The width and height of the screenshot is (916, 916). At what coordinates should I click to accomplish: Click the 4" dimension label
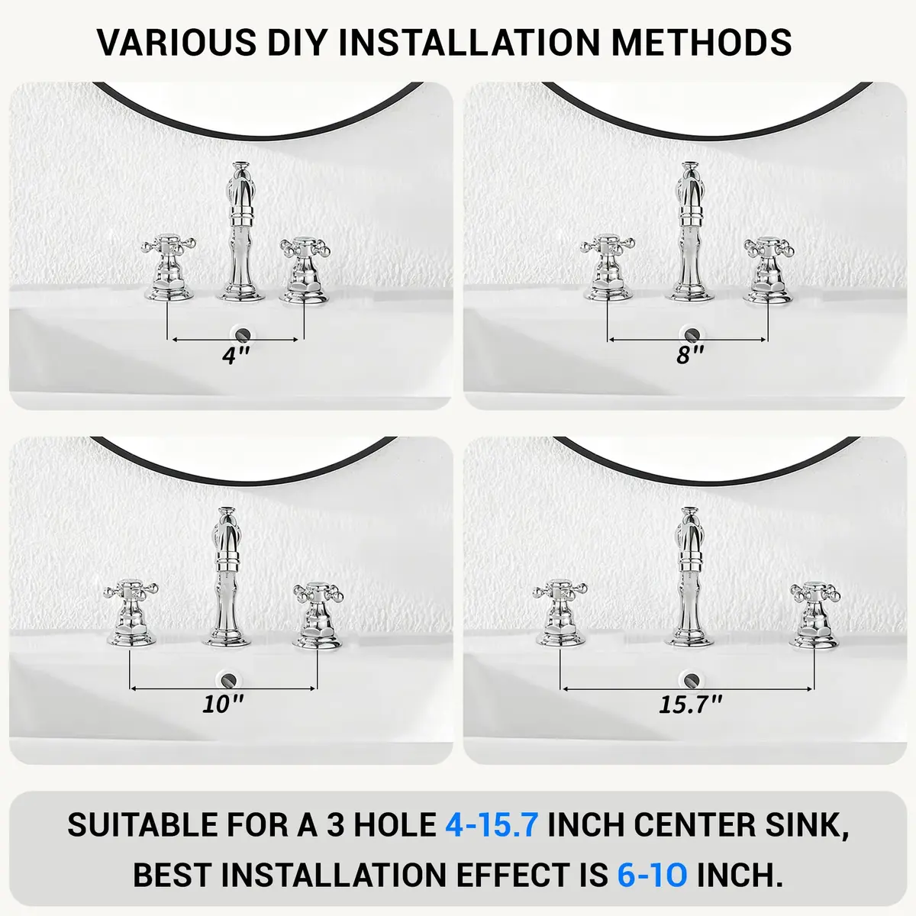[236, 356]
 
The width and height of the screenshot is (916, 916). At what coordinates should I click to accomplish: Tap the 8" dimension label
[690, 355]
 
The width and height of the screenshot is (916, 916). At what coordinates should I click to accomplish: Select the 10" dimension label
[223, 704]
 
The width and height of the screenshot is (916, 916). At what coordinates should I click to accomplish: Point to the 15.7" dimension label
[690, 705]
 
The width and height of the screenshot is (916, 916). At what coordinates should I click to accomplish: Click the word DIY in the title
[296, 42]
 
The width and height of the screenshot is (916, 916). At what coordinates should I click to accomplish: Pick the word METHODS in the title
[702, 42]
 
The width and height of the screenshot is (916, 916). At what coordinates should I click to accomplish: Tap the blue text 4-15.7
[492, 824]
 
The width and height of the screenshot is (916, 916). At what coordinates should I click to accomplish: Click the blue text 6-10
[652, 875]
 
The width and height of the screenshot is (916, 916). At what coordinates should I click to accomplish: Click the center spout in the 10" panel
[227, 578]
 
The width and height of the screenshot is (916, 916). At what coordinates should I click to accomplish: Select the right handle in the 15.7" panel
[814, 616]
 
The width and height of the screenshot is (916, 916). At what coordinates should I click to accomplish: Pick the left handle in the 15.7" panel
[560, 614]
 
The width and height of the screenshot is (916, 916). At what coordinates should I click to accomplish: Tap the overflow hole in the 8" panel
[691, 334]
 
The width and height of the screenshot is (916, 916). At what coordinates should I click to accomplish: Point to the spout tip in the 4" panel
[241, 166]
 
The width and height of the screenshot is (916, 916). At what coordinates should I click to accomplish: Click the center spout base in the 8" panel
[690, 294]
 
